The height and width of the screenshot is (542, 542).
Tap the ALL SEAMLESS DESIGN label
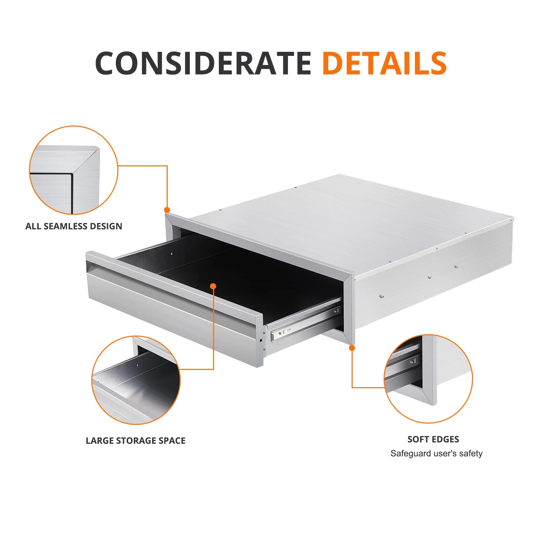pos(74,226)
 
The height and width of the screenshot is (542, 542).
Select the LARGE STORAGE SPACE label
pos(135,441)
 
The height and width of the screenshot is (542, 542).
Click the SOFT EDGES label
pos(433,439)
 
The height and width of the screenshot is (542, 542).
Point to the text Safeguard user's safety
pos(436,454)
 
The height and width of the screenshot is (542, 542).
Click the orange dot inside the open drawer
pos(213,286)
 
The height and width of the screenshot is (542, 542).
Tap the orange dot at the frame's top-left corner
pos(167,210)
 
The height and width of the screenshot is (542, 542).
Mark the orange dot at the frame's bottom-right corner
pos(352,348)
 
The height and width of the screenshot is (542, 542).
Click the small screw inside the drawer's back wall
pos(172,253)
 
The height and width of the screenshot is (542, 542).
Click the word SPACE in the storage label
pos(172,441)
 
